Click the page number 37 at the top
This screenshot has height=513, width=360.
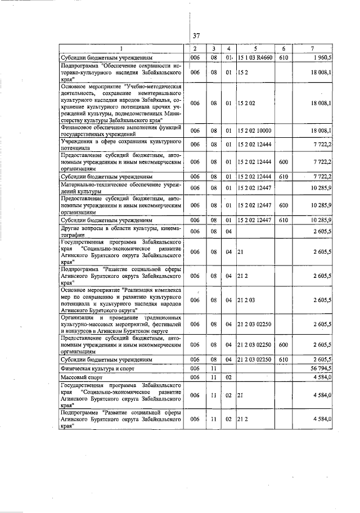click(196, 35)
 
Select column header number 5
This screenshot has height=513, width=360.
click(255, 49)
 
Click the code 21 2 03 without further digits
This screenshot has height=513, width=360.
click(246, 300)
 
